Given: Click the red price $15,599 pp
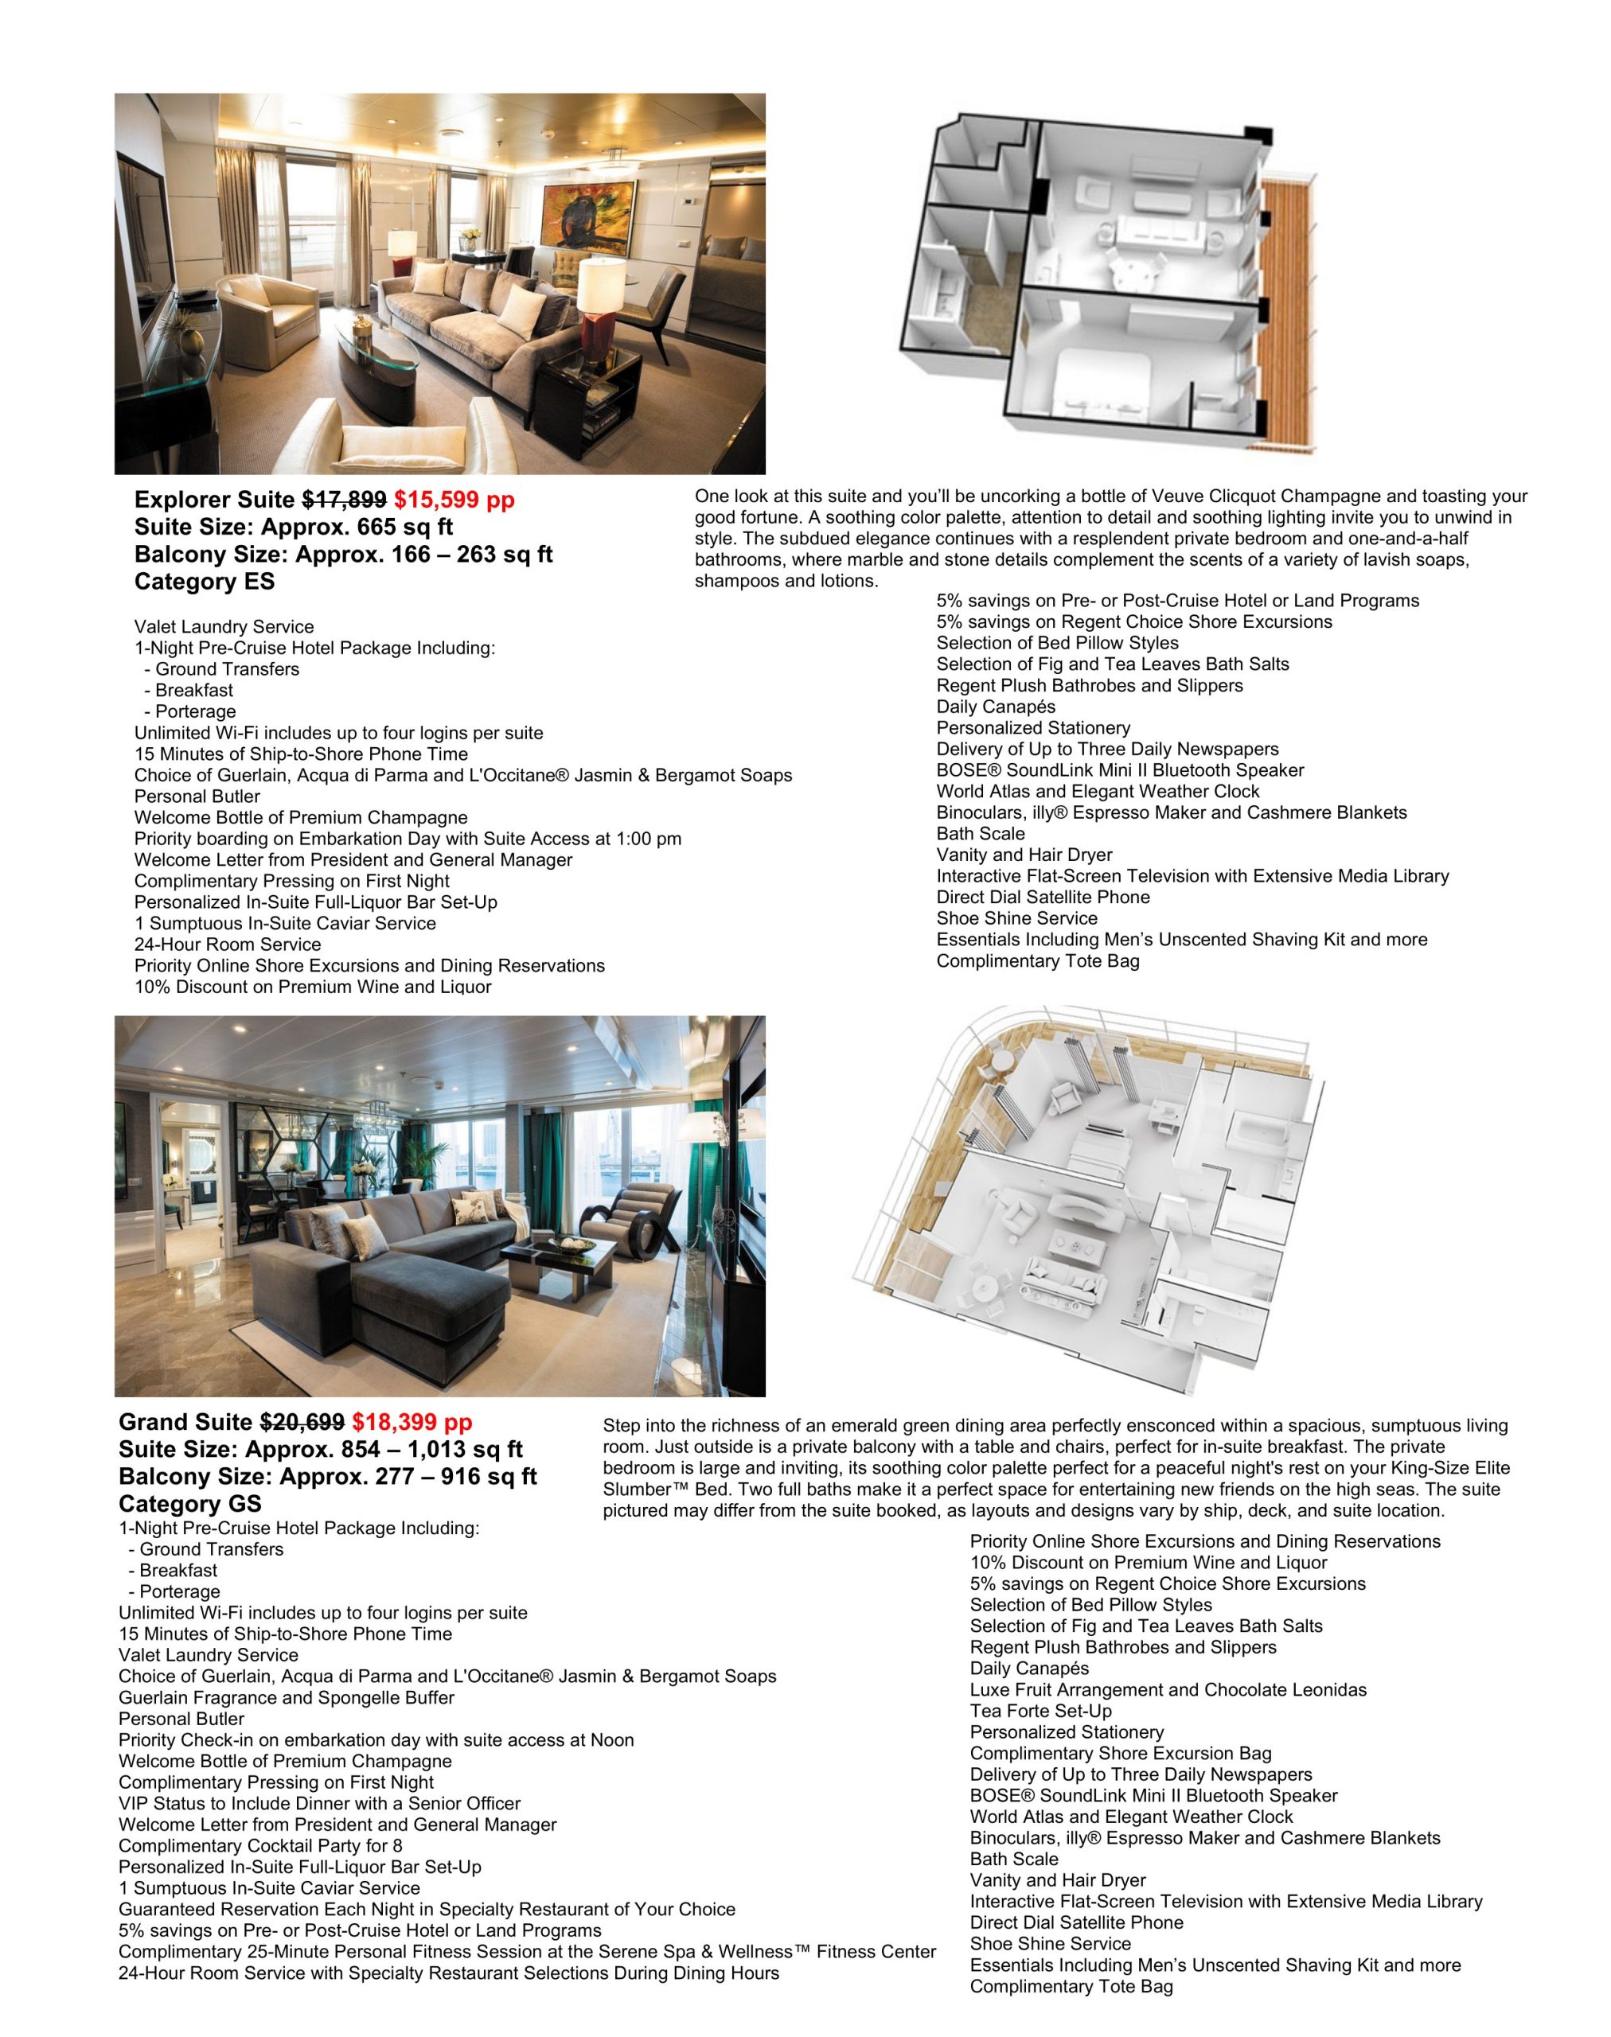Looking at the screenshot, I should pos(454,500).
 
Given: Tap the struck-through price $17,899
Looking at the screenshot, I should pos(343,500).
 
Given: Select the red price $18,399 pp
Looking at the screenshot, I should pos(412,1422).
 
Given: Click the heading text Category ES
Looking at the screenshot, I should pos(205,582).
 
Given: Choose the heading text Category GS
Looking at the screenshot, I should pos(189,1504).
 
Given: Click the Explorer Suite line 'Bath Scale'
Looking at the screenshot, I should pos(980,834).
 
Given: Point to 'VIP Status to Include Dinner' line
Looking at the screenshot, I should pos(319,1803).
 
